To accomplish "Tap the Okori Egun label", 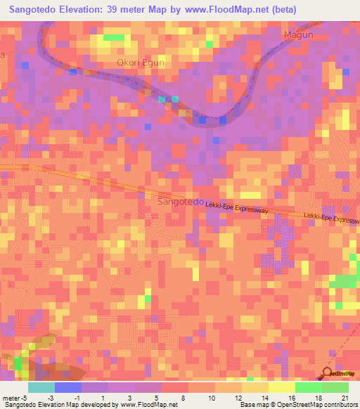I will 140,62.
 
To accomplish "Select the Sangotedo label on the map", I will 179,202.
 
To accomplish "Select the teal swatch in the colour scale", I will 41,387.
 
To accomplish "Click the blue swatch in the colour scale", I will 68,387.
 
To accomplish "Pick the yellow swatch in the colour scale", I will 282,387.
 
